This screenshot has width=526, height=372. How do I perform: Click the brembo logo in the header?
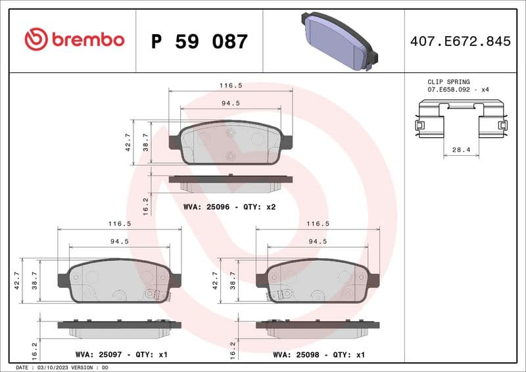pyautogui.click(x=74, y=40)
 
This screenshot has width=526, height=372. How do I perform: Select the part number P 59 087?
pyautogui.click(x=199, y=41)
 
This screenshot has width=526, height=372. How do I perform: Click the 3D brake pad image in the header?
pyautogui.click(x=336, y=41)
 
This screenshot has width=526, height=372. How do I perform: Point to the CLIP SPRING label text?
pyautogui.click(x=448, y=82)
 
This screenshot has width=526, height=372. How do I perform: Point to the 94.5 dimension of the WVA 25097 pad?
pyautogui.click(x=120, y=241)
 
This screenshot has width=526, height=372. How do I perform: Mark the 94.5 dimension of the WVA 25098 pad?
pyautogui.click(x=318, y=241)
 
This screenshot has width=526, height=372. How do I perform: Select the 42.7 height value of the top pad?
pyautogui.click(x=129, y=142)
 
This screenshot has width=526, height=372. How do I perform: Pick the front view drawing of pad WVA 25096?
pyautogui.click(x=231, y=143)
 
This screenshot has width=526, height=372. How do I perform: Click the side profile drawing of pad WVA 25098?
pyautogui.click(x=318, y=327)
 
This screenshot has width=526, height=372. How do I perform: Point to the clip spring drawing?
pyautogui.click(x=461, y=120)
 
